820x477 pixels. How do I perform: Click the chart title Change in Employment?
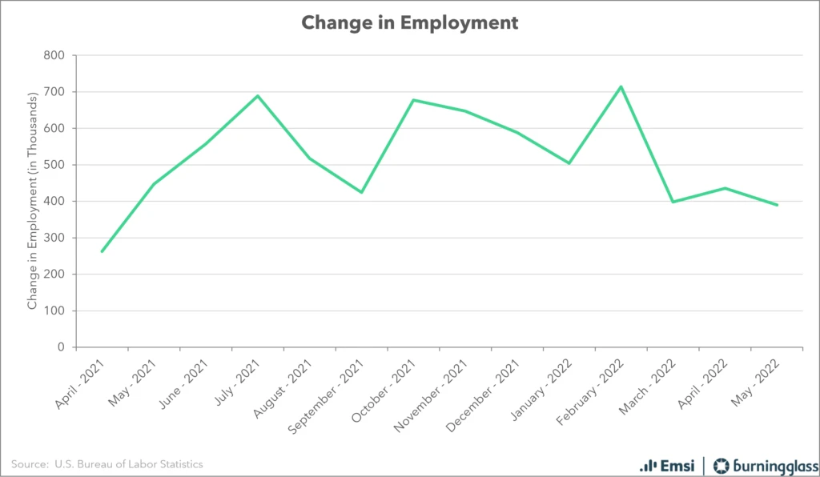409,22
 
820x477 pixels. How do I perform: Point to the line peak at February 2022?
621,86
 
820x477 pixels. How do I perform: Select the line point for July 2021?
257,96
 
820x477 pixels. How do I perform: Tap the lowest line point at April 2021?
102,251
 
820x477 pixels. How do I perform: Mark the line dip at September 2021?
361,192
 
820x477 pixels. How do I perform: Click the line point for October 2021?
413,100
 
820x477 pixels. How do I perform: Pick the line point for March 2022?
673,202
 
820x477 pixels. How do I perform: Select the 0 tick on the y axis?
61,347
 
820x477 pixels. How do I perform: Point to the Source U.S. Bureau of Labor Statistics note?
107,464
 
